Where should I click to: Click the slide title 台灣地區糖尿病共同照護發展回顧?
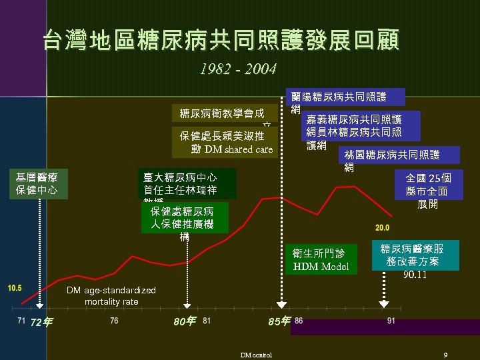pyautogui.click(x=221, y=40)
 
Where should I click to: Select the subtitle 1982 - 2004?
pyautogui.click(x=238, y=69)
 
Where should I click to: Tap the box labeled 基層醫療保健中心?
pyautogui.click(x=37, y=183)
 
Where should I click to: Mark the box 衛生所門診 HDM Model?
pyautogui.click(x=320, y=259)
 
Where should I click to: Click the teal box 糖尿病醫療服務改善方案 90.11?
pyautogui.click(x=415, y=256)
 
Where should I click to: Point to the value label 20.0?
pyautogui.click(x=383, y=227)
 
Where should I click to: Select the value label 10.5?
pyautogui.click(x=15, y=288)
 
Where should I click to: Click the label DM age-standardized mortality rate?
pyautogui.click(x=111, y=296)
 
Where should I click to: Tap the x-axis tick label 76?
pyautogui.click(x=115, y=321)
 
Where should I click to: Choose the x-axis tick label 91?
pyautogui.click(x=391, y=321)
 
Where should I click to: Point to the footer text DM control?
pyautogui.click(x=257, y=355)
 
